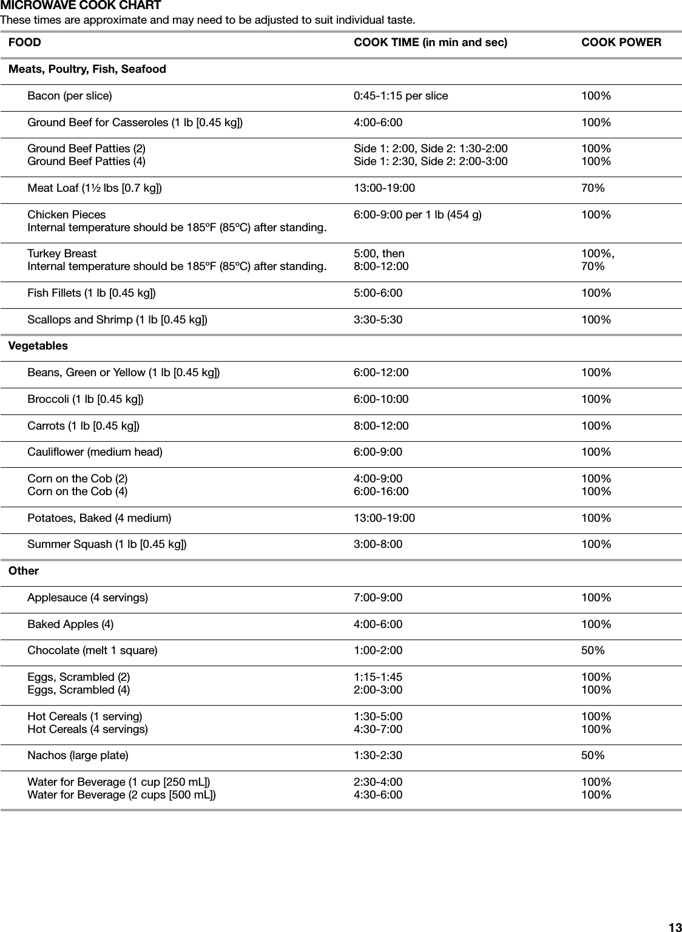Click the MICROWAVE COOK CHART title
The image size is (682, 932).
point(81,6)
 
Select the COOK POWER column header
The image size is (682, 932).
point(621,42)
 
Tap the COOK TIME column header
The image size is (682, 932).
point(430,42)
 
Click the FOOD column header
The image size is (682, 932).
point(25,42)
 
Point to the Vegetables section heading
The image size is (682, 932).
point(38,346)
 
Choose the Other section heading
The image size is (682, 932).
point(24,571)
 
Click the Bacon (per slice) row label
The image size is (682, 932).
point(69,96)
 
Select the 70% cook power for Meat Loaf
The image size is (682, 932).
point(593,188)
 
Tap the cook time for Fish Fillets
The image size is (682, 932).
point(377,293)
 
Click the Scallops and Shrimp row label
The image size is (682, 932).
point(117,320)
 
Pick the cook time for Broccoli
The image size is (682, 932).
point(380,399)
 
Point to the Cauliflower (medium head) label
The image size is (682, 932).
point(95,452)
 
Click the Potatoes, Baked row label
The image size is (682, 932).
point(99,518)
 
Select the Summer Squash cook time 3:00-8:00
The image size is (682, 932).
point(377,544)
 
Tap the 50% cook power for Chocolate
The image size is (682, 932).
point(593,650)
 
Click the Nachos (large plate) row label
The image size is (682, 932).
point(78,755)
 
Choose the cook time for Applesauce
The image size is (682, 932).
point(377,598)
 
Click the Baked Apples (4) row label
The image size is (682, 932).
point(70,624)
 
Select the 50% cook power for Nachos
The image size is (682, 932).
point(593,755)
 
